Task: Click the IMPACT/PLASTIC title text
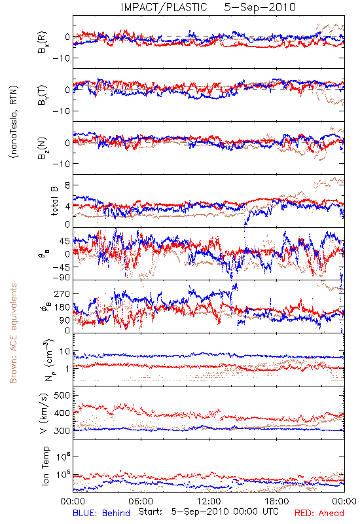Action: click(x=164, y=7)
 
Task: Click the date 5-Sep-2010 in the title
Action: click(x=260, y=7)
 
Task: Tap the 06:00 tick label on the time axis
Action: click(x=141, y=501)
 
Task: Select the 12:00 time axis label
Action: click(x=209, y=501)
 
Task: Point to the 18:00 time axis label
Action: click(x=277, y=501)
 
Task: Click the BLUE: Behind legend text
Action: click(x=101, y=513)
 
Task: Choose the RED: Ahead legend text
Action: click(x=319, y=513)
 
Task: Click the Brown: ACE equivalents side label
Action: click(x=13, y=333)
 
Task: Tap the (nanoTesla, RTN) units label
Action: click(x=14, y=121)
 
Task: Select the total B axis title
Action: click(x=54, y=200)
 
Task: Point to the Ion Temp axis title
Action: click(x=45, y=466)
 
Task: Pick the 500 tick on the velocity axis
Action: click(x=62, y=396)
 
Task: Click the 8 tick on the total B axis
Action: click(x=67, y=185)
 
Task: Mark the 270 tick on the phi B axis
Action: click(x=62, y=293)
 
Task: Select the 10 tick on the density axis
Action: click(x=65, y=352)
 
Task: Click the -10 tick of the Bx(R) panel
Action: click(x=61, y=58)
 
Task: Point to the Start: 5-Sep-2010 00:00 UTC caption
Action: click(x=208, y=512)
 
